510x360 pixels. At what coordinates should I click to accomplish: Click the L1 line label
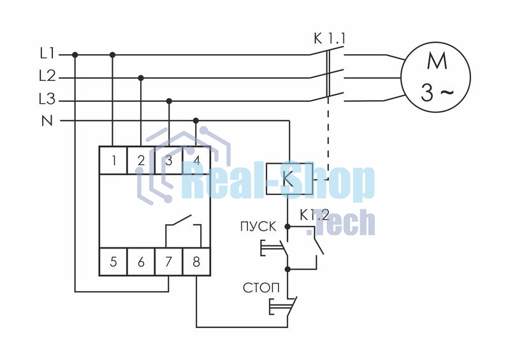point(47,53)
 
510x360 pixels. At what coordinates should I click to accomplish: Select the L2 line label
point(47,76)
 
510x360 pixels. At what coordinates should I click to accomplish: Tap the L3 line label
point(47,99)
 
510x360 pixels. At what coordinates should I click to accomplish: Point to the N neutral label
point(47,121)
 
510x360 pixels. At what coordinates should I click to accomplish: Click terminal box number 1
point(113,161)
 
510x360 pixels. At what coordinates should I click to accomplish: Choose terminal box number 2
point(140,161)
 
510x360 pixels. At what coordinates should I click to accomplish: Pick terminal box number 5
point(113,262)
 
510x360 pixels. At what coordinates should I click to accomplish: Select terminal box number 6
point(140,262)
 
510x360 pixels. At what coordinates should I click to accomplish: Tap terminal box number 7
point(168,262)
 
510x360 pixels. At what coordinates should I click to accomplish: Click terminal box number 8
point(196,262)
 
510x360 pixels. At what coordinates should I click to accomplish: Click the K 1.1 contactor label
point(329,39)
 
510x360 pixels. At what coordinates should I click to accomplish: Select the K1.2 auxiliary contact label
point(314,215)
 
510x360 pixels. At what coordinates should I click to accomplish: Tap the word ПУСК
point(258,226)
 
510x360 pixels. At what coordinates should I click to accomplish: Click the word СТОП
point(261,288)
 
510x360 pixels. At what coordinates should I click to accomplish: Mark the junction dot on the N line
point(196,120)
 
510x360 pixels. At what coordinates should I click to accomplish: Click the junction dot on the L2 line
point(141,78)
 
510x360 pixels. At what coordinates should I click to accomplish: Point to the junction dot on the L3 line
point(169,101)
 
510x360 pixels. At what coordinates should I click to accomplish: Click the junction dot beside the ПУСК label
point(288,226)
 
